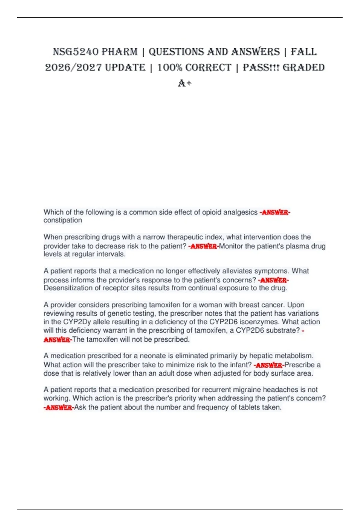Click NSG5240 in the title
click(75, 52)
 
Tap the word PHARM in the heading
click(119, 52)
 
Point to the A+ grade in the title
click(184, 83)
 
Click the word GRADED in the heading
click(304, 67)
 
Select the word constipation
click(63, 220)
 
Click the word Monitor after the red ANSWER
click(231, 246)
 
